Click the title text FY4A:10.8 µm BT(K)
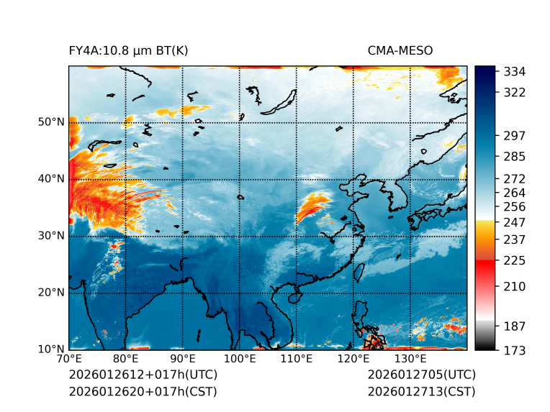pos(129,50)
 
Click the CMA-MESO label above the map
pos(400,50)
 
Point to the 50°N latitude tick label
pos(51,122)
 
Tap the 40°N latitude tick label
pos(51,179)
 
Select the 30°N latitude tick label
pos(51,236)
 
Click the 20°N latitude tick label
pos(51,293)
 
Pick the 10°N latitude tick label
pos(51,349)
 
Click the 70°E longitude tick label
pos(69,359)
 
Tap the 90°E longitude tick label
pos(183,359)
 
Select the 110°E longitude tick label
pos(296,359)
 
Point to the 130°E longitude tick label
pos(410,359)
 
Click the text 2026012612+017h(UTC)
pos(143,375)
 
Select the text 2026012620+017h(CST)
pos(143,392)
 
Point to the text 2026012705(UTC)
pos(422,375)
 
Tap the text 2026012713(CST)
pos(421,392)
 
